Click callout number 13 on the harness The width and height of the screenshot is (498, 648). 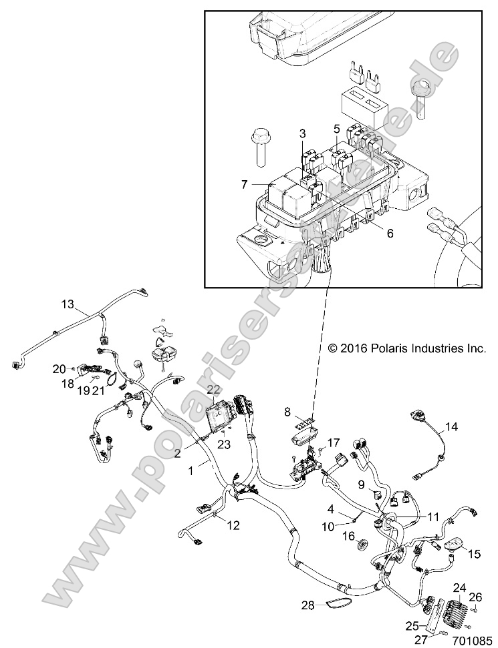tap(68, 304)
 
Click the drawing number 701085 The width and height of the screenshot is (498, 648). tap(471, 639)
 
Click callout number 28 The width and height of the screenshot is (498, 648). tap(307, 605)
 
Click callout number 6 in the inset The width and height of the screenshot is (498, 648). tap(390, 233)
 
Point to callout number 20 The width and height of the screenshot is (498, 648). tap(59, 368)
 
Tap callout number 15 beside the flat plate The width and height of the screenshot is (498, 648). tap(474, 553)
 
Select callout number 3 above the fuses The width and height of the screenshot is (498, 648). tap(302, 133)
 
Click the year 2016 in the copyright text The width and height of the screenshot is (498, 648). tap(353, 348)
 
